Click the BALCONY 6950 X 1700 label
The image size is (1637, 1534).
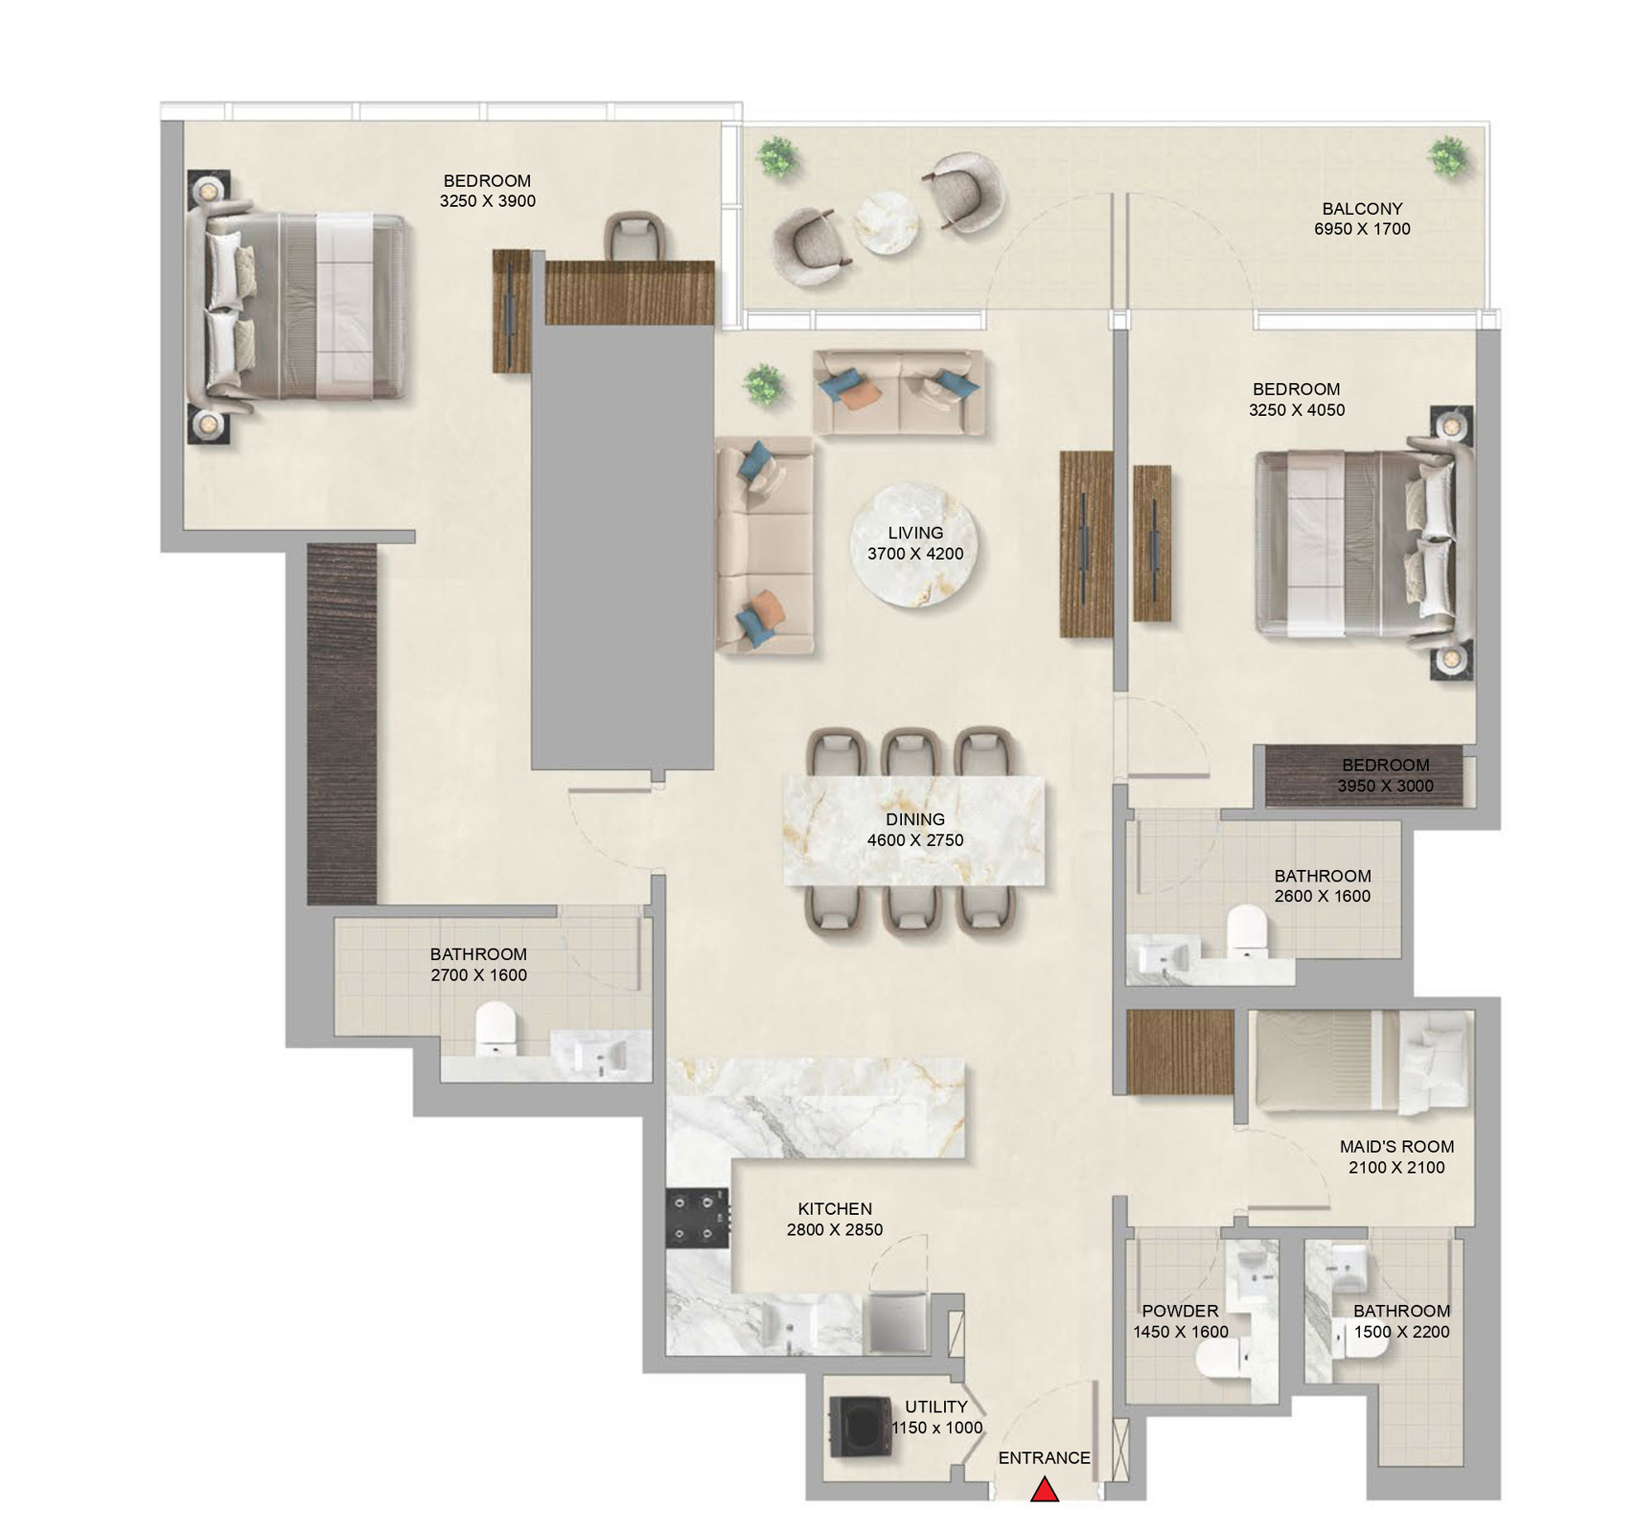click(x=1362, y=219)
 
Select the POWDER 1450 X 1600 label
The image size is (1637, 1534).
click(x=1180, y=1321)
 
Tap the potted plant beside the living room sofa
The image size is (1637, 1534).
click(x=764, y=385)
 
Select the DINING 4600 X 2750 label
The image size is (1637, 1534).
click(x=914, y=829)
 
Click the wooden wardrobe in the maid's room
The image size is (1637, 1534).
click(x=1180, y=1052)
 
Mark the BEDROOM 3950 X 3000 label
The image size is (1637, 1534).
click(x=1386, y=776)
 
